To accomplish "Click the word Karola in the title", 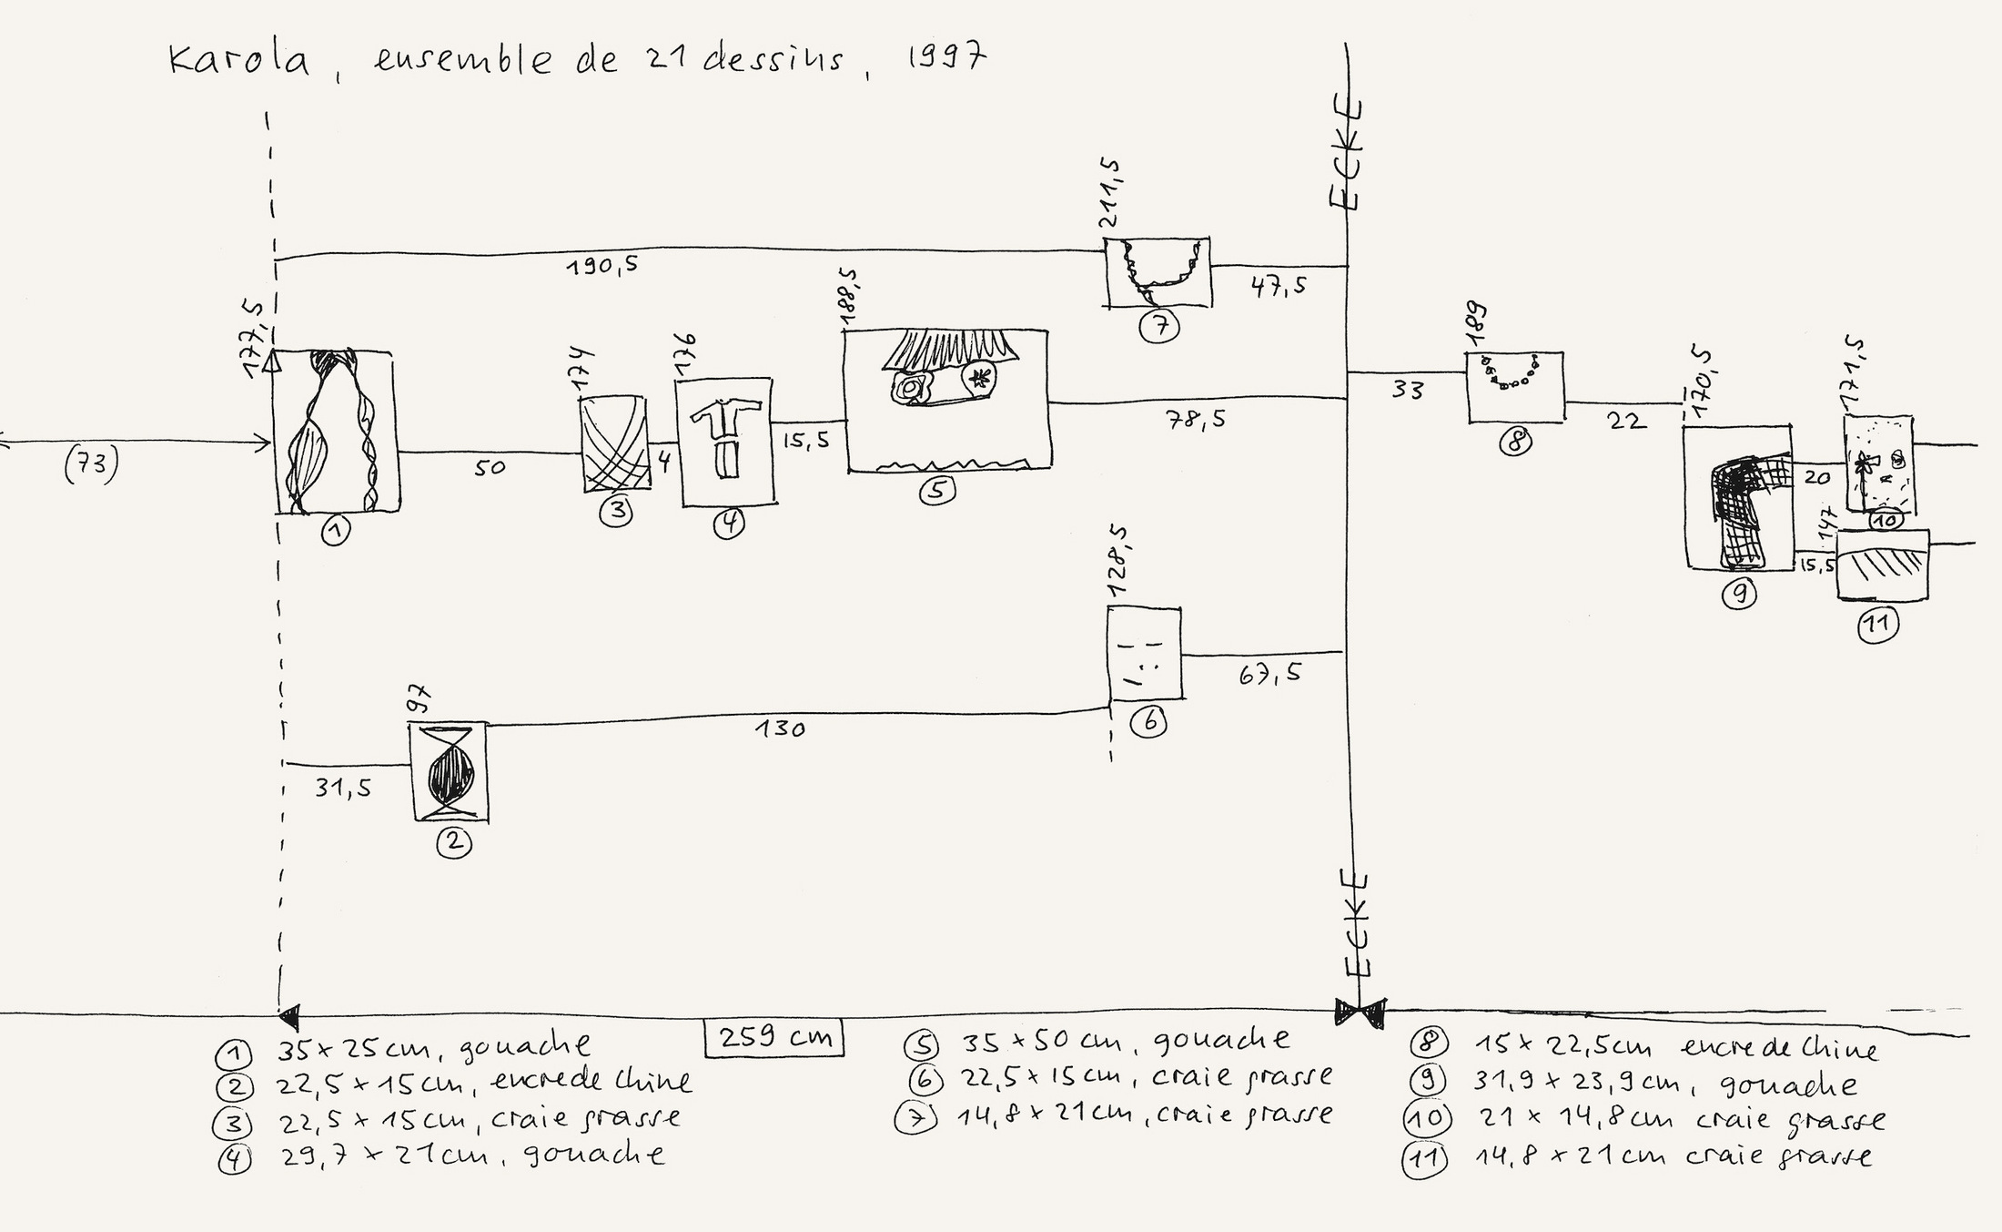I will pyautogui.click(x=239, y=60).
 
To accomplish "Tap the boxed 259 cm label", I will pyautogui.click(x=774, y=1037).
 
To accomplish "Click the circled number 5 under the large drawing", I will pyautogui.click(x=936, y=491).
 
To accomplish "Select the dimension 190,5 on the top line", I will pyautogui.click(x=602, y=266).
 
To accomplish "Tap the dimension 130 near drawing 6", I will pyautogui.click(x=780, y=728).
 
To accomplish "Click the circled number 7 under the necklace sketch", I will pyautogui.click(x=1159, y=326).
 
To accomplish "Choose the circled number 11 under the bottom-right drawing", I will pyautogui.click(x=1878, y=625).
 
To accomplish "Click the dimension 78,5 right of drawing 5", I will pyautogui.click(x=1195, y=420).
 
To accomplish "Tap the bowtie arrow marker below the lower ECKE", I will pyautogui.click(x=1360, y=1010).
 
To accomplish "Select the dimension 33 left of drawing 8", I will pyautogui.click(x=1408, y=390).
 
